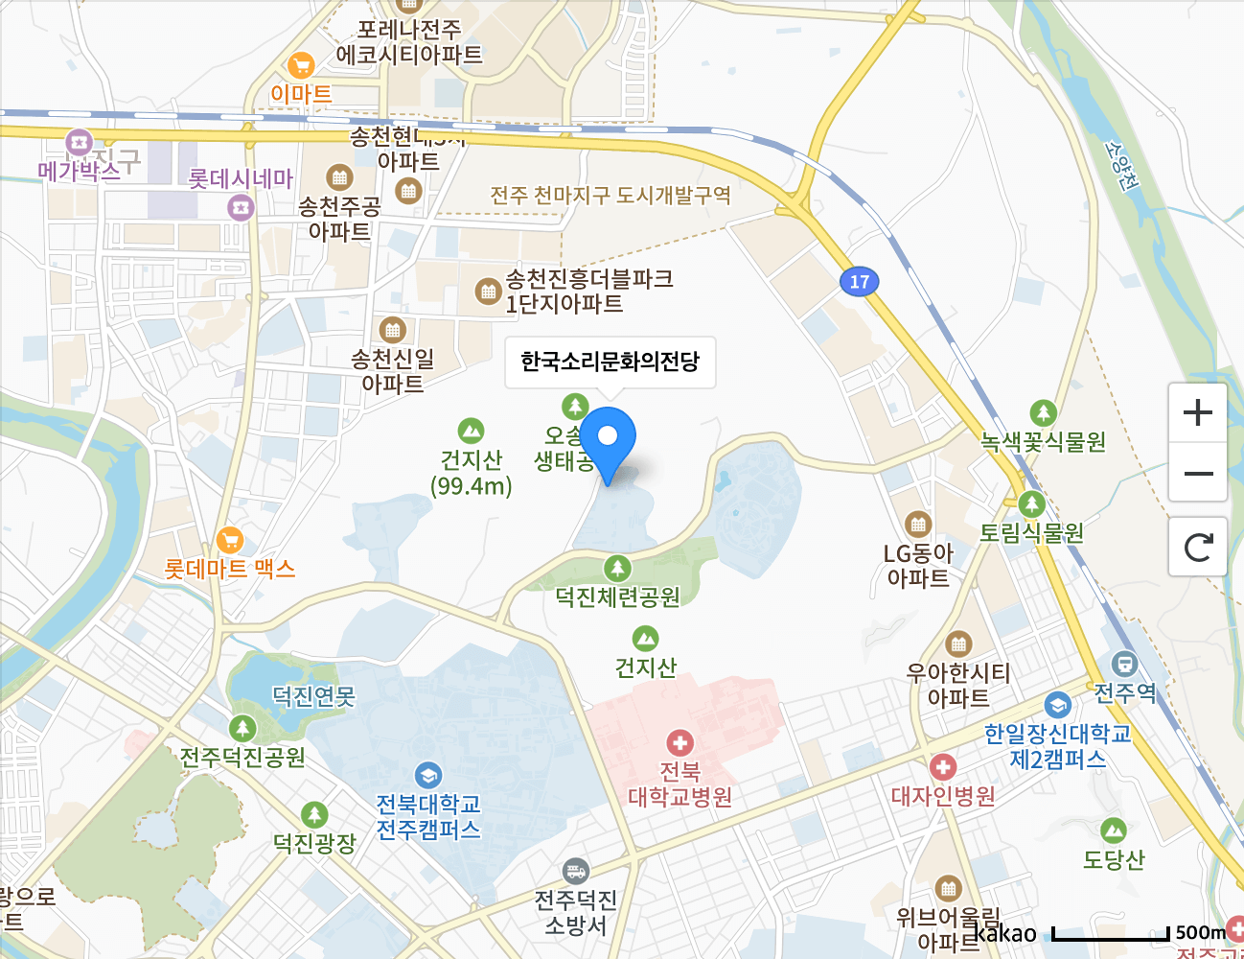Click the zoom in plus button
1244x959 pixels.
[x=1198, y=413]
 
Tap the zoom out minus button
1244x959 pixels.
[x=1198, y=474]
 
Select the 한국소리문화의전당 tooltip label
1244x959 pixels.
[x=610, y=363]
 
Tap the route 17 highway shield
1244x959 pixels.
[x=860, y=282]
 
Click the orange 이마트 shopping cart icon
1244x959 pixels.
[x=301, y=66]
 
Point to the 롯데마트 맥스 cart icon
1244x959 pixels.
[x=230, y=540]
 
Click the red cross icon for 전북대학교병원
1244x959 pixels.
[x=680, y=743]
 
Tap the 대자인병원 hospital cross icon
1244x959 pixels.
[x=943, y=767]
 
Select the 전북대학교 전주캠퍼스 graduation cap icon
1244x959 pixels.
[x=428, y=775]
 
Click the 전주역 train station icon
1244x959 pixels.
[x=1124, y=663]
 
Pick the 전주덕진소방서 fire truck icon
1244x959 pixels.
[x=575, y=872]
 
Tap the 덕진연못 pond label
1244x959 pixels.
[x=313, y=696]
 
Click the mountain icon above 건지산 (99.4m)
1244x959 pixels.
[x=471, y=431]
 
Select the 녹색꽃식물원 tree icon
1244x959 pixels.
[x=1043, y=413]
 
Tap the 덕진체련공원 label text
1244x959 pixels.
[x=617, y=597]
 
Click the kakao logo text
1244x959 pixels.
[x=1005, y=933]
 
